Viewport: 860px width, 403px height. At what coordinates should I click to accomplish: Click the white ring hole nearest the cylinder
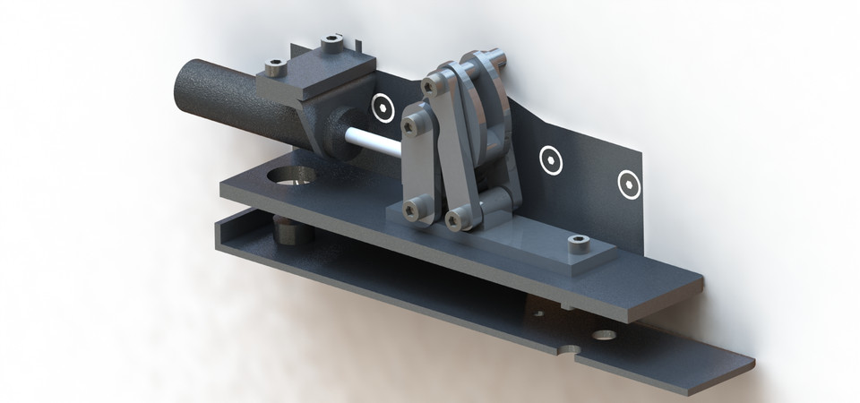[384, 107]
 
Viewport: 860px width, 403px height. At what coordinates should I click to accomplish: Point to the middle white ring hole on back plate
[550, 161]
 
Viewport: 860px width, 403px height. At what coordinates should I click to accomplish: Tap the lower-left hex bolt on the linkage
[411, 210]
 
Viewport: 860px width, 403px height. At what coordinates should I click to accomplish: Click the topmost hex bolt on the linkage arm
[431, 85]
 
